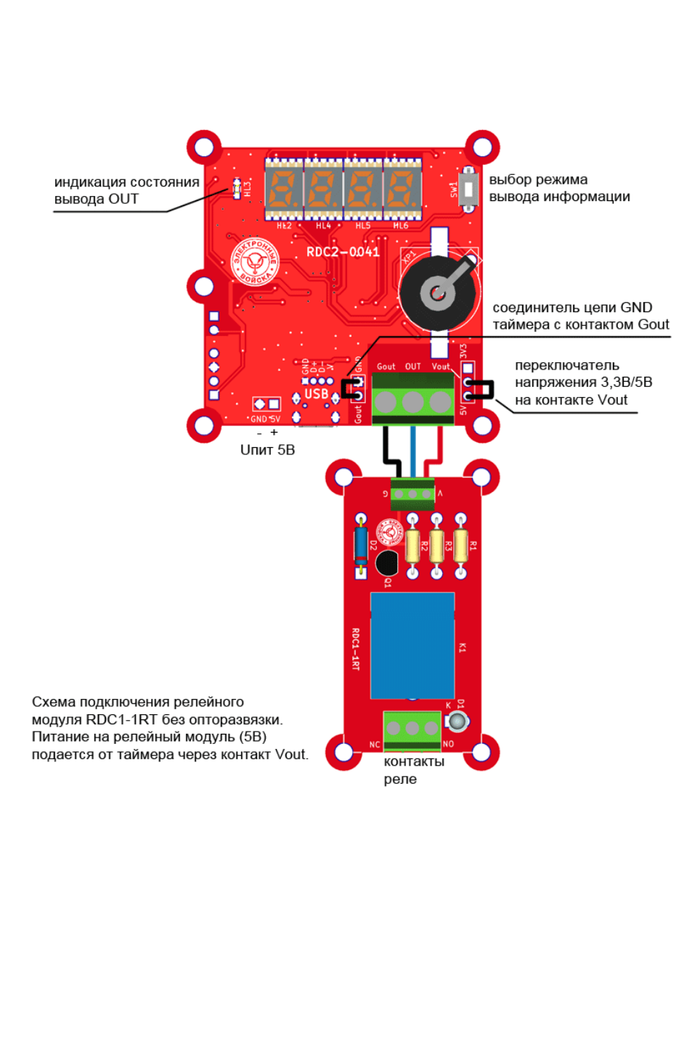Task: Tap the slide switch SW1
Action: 469,189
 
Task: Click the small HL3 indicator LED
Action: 236,189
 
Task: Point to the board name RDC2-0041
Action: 343,252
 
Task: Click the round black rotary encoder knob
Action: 438,293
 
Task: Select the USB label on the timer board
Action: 316,393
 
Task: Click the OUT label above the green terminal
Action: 412,367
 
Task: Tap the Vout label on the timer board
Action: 441,367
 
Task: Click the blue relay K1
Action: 412,645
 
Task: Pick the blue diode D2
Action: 361,545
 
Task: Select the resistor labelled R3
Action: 436,546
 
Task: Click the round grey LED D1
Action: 457,721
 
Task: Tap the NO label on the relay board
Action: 448,744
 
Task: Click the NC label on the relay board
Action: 375,745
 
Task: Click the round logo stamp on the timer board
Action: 255,262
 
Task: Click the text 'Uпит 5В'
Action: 267,450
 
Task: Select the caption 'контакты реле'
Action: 413,770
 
